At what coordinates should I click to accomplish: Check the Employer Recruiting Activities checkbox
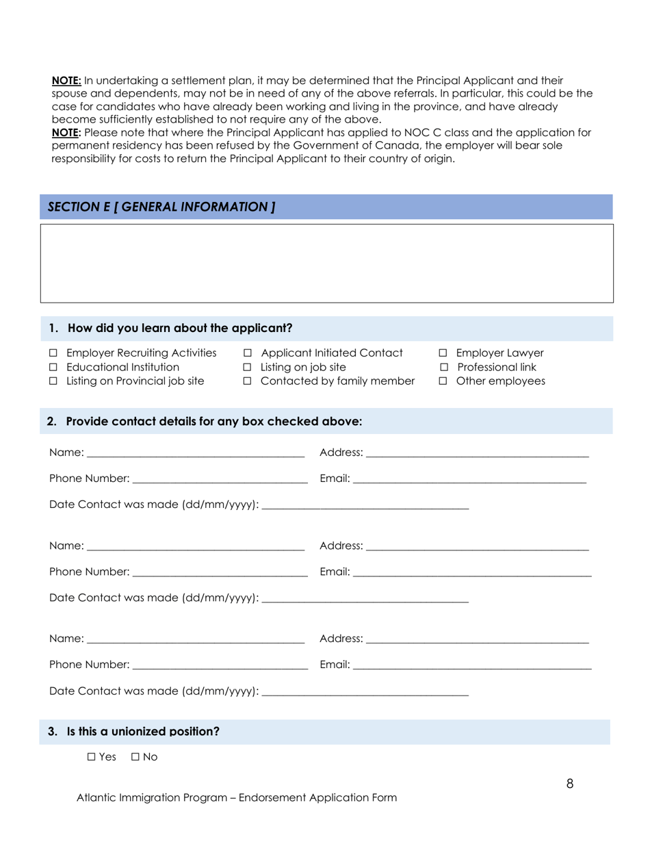(53, 354)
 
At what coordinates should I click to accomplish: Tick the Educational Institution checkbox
(53, 368)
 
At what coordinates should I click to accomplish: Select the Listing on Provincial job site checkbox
(53, 381)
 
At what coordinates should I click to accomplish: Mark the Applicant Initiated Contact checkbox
(248, 354)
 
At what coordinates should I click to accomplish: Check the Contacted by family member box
(248, 381)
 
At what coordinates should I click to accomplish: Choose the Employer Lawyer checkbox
(443, 354)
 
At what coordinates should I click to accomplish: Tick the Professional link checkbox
(443, 368)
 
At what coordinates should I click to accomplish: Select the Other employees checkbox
(443, 381)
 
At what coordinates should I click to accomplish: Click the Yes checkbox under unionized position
(92, 757)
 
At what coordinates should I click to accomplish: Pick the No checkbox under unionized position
(135, 757)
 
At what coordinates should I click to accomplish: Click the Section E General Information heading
(161, 207)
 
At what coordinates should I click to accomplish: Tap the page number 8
(570, 784)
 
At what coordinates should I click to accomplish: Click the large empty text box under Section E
(326, 264)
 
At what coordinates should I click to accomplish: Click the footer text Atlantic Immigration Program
(236, 798)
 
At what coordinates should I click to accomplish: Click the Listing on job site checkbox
(248, 368)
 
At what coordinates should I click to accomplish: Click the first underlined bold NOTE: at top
(66, 81)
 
